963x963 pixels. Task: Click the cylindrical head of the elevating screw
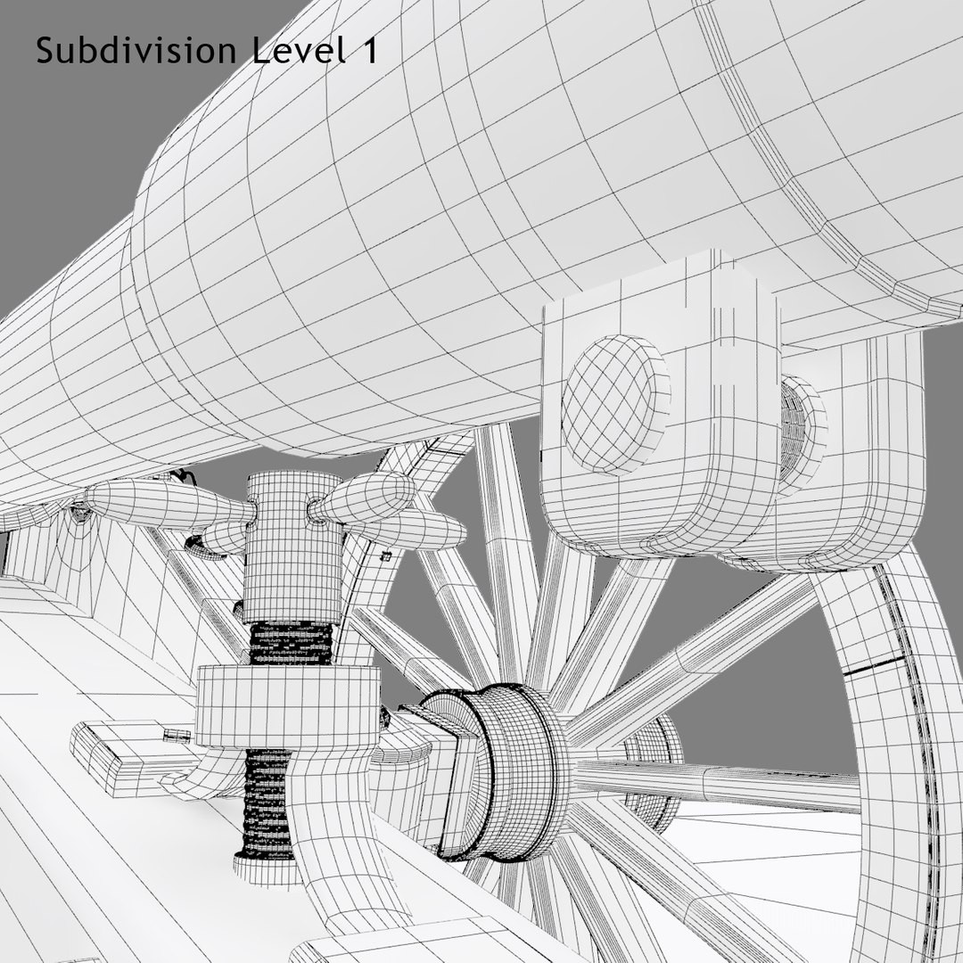coord(293,544)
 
